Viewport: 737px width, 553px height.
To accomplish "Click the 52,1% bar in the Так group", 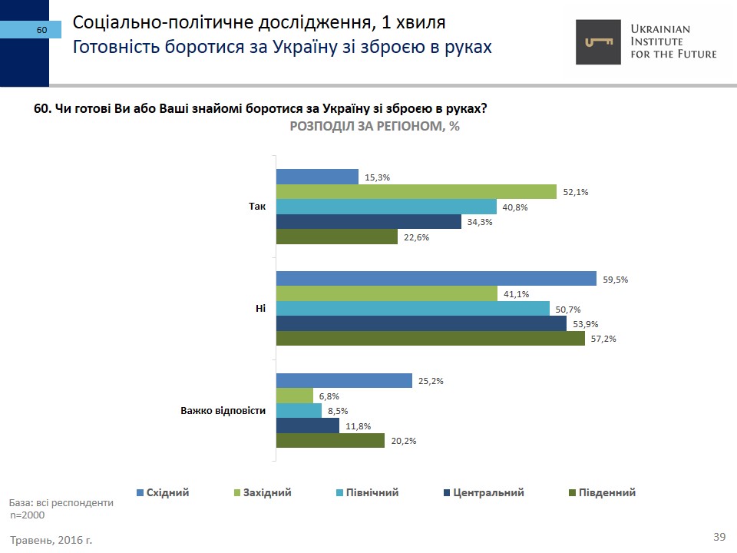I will tap(416, 192).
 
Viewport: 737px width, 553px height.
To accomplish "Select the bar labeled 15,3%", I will tap(317, 177).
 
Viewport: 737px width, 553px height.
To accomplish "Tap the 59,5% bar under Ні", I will tap(436, 279).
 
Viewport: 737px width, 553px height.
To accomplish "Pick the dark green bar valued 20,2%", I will tap(330, 441).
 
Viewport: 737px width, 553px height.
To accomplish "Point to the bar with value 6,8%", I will tap(295, 396).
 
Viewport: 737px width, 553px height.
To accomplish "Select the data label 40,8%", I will tap(516, 207).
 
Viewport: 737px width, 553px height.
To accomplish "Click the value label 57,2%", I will tap(603, 339).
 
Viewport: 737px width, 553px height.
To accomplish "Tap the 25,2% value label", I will tap(431, 381).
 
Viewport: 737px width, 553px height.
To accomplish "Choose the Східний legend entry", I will tap(163, 492).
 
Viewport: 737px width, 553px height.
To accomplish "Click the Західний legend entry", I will tap(263, 492).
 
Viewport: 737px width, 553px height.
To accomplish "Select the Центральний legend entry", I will tap(484, 492).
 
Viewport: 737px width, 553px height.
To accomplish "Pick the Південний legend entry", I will tap(602, 492).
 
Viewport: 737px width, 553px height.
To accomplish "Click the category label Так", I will tap(257, 207).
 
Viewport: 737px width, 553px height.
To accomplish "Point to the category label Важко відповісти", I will tap(223, 410).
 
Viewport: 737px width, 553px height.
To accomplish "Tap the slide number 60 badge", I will tap(41, 30).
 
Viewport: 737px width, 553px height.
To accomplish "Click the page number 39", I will tap(719, 536).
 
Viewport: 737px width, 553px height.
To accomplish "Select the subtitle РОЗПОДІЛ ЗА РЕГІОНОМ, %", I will tap(375, 127).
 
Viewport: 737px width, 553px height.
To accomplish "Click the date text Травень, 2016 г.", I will tap(51, 540).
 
